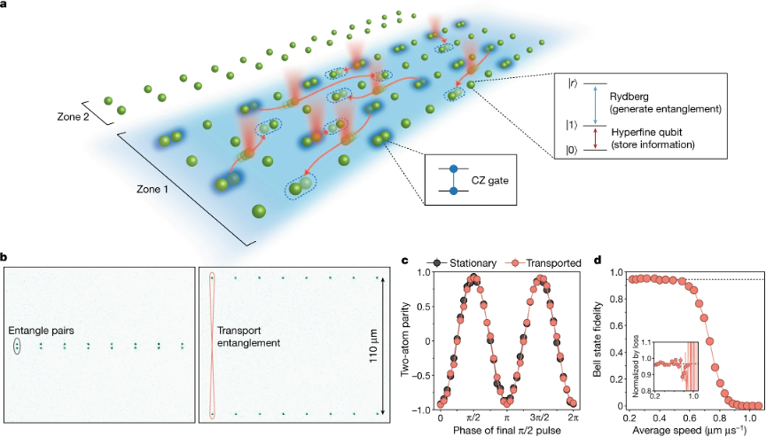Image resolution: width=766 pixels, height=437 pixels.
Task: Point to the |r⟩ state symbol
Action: (x=572, y=83)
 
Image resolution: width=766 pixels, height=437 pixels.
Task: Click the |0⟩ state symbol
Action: (x=572, y=150)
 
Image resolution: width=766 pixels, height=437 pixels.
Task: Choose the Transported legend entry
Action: (x=543, y=262)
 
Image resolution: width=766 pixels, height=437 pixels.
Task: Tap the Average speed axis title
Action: (x=690, y=429)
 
